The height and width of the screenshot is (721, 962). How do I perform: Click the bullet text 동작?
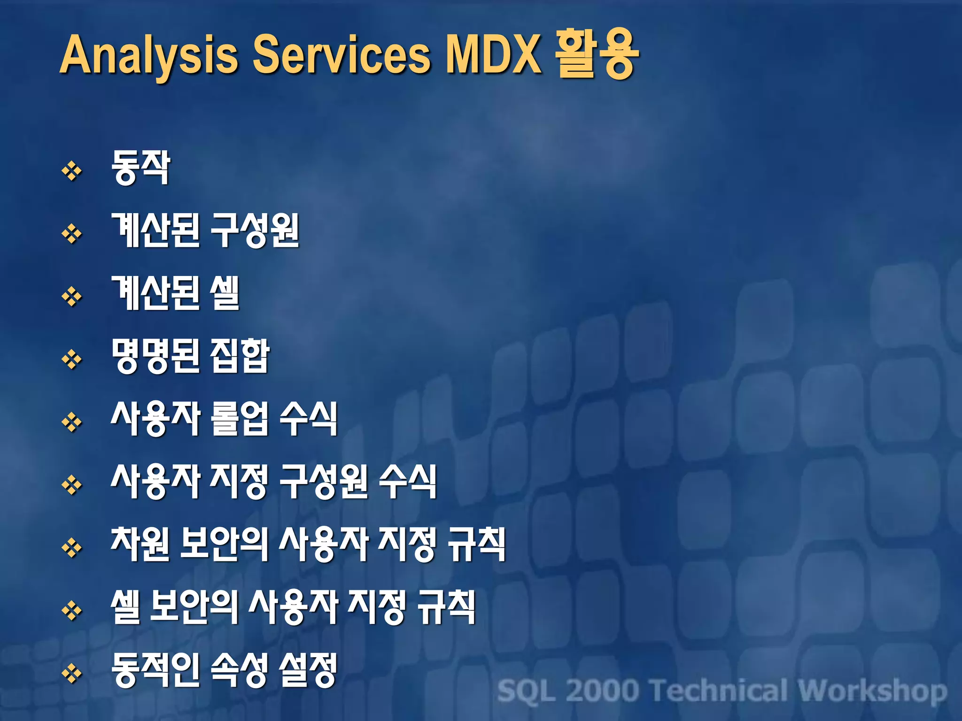tap(140, 168)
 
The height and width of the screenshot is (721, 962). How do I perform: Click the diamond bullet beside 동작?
tap(72, 171)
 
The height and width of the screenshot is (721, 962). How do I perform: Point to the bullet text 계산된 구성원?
tap(205, 230)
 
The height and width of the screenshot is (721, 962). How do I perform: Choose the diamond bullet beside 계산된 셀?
tap(72, 297)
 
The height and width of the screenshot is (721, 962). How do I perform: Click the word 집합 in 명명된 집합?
tap(240, 356)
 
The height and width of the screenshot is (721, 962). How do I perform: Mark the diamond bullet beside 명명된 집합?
tap(72, 360)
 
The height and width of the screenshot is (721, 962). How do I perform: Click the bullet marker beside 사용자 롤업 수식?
tap(72, 422)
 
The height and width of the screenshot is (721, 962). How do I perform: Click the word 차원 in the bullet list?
tap(140, 544)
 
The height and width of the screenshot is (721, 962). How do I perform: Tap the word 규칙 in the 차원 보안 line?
tap(476, 544)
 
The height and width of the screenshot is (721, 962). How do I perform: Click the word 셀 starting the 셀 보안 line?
tap(125, 607)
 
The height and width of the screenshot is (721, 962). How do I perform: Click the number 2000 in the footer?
tap(603, 691)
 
